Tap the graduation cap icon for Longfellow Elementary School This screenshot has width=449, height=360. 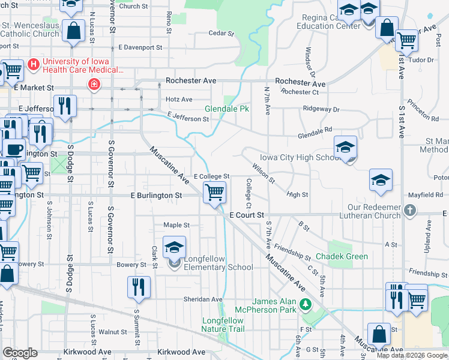coord(174,247)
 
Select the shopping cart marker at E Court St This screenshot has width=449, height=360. coord(214,193)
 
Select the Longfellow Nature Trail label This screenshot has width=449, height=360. coord(223,325)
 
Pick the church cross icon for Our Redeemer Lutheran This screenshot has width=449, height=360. coord(409,211)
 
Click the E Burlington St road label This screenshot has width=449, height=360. coord(156,196)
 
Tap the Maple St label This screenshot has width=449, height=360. coord(176,225)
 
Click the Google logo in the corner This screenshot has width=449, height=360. coord(20,353)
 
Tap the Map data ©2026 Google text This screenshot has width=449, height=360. coord(412,355)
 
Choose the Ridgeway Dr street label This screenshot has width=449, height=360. coord(321,109)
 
